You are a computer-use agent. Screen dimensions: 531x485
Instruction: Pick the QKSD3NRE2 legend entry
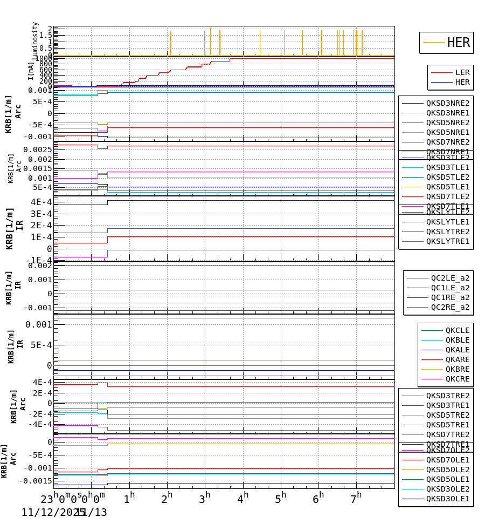(x=448, y=103)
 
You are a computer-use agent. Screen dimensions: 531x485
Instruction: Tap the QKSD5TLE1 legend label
(x=448, y=187)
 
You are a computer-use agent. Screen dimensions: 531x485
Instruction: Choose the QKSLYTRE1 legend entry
(x=448, y=241)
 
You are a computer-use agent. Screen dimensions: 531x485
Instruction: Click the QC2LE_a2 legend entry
(x=450, y=278)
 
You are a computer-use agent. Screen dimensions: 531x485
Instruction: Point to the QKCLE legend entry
(x=457, y=330)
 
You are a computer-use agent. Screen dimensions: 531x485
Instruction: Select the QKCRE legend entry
(x=457, y=379)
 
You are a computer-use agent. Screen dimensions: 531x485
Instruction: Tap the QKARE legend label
(x=457, y=359)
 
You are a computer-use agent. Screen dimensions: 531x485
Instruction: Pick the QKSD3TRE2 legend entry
(x=448, y=396)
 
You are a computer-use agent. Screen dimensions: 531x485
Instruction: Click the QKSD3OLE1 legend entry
(x=448, y=499)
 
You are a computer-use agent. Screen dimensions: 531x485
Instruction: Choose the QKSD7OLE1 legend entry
(x=448, y=460)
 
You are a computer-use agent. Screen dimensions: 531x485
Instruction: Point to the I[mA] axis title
(x=31, y=71)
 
